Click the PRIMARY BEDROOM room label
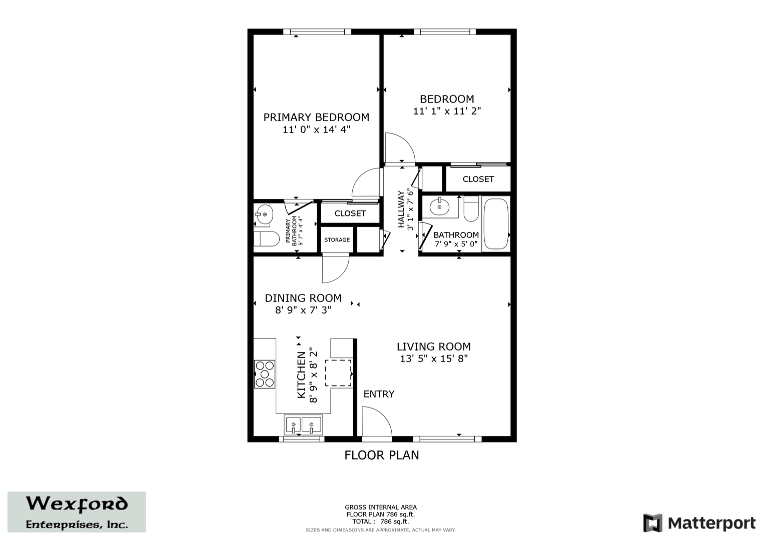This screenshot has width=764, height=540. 316,117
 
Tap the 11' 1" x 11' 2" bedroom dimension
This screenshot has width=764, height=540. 447,111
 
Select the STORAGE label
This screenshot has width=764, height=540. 337,239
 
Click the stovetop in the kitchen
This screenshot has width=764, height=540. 264,374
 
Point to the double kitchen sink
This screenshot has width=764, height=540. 303,424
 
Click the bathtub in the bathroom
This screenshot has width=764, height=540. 496,223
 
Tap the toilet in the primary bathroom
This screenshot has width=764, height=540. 266,238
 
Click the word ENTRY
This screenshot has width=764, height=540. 379,394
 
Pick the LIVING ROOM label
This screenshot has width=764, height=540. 433,346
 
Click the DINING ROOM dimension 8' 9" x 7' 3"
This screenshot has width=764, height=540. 303,310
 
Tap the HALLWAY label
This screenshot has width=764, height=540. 401,209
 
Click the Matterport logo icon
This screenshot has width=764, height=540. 652,522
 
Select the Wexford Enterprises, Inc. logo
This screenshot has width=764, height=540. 77,512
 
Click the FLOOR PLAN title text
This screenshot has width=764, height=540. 382,455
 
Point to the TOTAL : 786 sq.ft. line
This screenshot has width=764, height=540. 381,521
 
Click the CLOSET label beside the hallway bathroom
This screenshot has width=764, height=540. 478,179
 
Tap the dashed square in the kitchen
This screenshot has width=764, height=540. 338,373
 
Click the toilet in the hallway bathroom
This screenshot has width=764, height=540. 471,208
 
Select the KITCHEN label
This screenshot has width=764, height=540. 302,375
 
